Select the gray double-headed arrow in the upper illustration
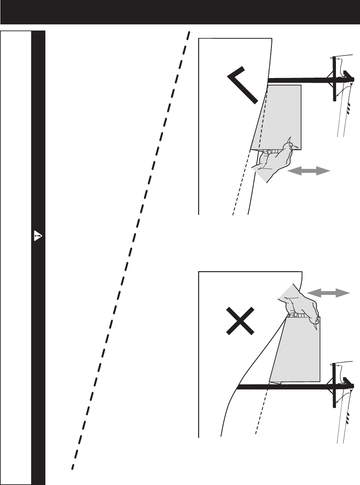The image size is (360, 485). click(x=309, y=172)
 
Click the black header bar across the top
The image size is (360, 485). click(x=180, y=12)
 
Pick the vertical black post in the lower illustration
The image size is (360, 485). click(x=334, y=385)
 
